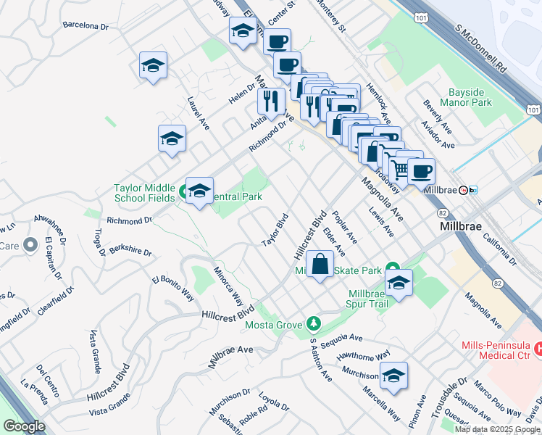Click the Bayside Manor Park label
click(470, 98)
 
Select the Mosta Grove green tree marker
click(313, 322)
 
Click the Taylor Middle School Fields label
click(143, 193)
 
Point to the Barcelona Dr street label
click(86, 25)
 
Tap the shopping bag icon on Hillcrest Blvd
click(320, 265)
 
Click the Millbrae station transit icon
click(474, 190)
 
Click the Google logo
click(24, 426)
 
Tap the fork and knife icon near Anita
click(271, 101)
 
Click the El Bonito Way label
click(173, 288)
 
